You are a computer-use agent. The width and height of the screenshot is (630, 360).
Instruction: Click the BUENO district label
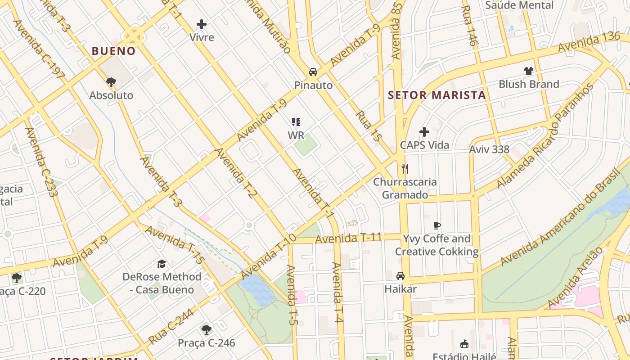(113, 51)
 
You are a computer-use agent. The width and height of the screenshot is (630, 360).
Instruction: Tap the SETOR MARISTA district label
(437, 95)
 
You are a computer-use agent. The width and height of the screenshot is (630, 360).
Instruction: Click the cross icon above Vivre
(202, 24)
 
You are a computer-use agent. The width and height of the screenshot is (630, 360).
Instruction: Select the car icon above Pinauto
(313, 72)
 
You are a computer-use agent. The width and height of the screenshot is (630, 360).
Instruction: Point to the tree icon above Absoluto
(111, 82)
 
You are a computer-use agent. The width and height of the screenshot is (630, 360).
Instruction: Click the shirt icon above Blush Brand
(529, 71)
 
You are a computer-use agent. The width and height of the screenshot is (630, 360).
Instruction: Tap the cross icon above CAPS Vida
(424, 132)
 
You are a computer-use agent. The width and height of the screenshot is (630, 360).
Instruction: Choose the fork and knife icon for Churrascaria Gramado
(405, 169)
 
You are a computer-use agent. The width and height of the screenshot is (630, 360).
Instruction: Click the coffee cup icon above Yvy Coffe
(436, 225)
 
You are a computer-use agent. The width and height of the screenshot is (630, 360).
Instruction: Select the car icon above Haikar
(400, 275)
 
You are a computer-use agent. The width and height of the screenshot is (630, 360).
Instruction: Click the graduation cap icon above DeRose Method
(162, 263)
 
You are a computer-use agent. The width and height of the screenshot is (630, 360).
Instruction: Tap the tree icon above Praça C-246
(206, 330)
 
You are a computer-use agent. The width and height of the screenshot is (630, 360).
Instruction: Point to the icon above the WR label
(296, 122)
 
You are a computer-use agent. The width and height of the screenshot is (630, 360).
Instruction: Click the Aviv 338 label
(489, 149)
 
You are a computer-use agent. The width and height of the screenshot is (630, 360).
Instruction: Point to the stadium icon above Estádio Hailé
(464, 344)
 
